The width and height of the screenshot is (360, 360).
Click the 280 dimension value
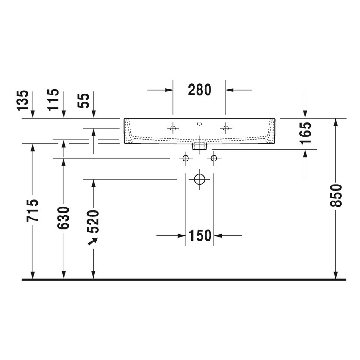(199, 90)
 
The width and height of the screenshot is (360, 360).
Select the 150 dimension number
(199, 235)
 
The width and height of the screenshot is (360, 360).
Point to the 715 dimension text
(33, 210)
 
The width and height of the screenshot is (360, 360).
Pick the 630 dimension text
(63, 218)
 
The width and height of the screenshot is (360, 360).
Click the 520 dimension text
(93, 221)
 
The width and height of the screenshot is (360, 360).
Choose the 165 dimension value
(305, 133)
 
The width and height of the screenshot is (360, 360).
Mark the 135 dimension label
(24, 100)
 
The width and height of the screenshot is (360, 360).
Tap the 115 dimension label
(53, 100)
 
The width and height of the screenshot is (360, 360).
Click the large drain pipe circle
(199, 179)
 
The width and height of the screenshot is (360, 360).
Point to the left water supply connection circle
(185, 158)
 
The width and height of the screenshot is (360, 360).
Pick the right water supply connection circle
(214, 158)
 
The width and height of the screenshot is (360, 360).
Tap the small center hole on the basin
(199, 124)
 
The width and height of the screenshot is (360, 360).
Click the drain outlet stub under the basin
(199, 146)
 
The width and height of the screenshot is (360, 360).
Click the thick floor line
(184, 280)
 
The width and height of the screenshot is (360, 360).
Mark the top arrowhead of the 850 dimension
(335, 122)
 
